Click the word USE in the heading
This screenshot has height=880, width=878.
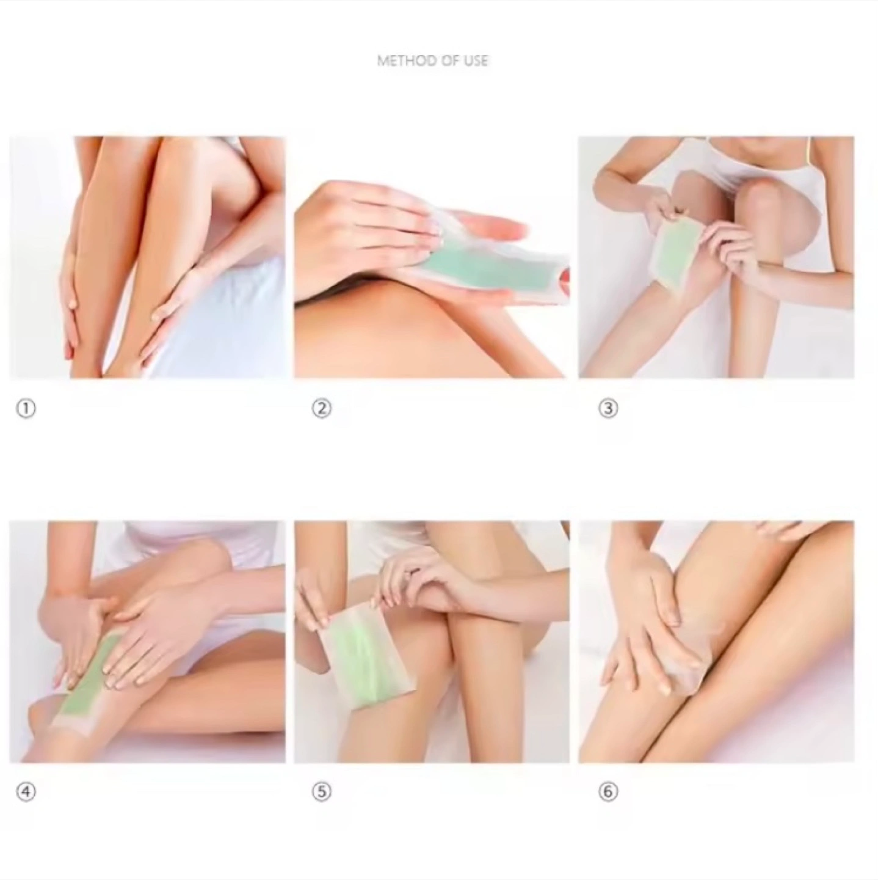point(476,61)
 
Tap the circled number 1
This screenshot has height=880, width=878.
point(26,408)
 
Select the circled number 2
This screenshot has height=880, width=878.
point(322,408)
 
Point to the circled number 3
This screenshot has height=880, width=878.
point(608,408)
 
